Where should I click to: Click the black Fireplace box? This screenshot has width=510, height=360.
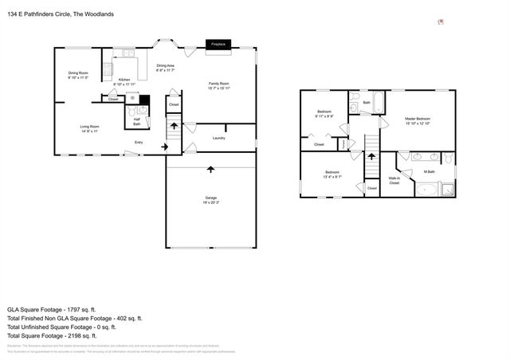[x=218, y=45]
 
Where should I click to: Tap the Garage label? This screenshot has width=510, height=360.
[x=211, y=199]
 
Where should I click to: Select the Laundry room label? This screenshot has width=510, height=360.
[x=218, y=138]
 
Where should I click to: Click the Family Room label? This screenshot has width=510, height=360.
[x=218, y=85]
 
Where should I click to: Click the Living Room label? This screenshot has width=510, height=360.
[x=88, y=128]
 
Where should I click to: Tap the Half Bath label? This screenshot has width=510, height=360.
[x=136, y=121]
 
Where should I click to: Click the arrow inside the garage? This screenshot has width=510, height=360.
[x=211, y=169]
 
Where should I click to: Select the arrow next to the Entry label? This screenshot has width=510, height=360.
[x=164, y=147]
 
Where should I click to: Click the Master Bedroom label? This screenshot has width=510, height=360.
[x=418, y=120]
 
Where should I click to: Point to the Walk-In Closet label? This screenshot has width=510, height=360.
[x=394, y=181]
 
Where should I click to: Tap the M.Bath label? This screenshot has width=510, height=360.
[x=429, y=172]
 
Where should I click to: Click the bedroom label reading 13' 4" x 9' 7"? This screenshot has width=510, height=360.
[x=332, y=174]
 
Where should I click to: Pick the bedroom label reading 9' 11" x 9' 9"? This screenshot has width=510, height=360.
[x=324, y=114]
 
